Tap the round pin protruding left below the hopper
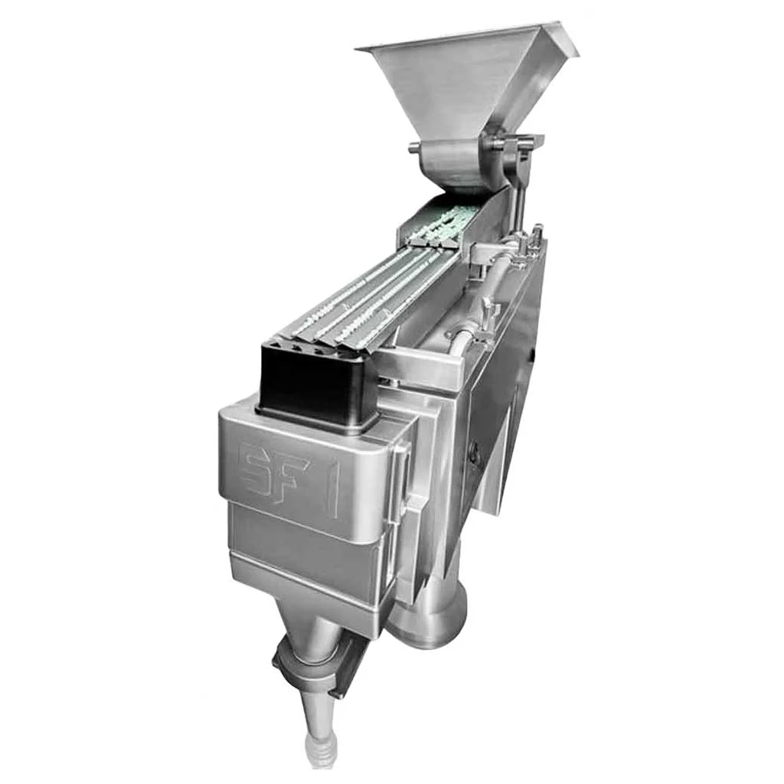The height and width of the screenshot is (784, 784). coord(414,148)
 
